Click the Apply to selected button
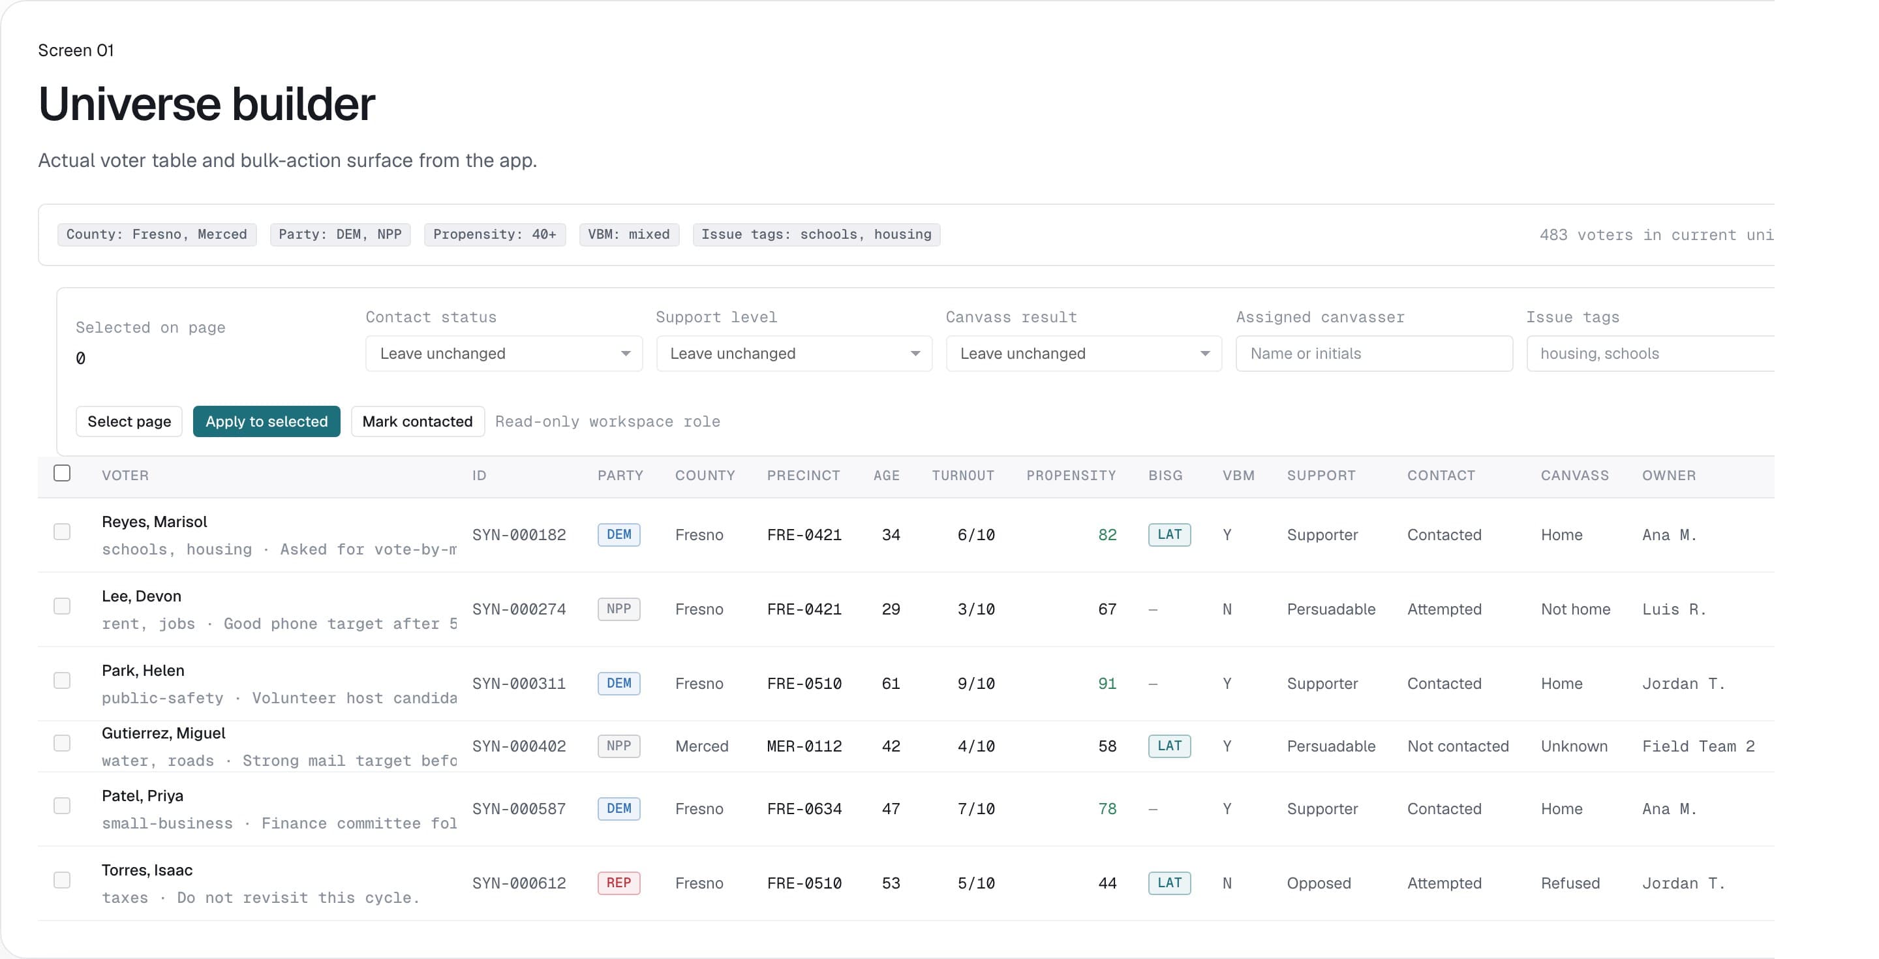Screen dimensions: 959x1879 point(266,421)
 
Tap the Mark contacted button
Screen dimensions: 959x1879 point(418,421)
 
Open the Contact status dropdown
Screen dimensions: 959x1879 point(503,354)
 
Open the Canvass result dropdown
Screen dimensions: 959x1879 point(1083,354)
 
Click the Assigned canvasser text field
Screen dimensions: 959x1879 point(1373,354)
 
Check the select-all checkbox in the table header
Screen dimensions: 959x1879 point(62,473)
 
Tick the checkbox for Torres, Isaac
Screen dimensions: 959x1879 point(62,880)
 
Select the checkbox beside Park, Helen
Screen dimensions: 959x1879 point(62,680)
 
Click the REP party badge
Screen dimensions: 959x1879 point(619,883)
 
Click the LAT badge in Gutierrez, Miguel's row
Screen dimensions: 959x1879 point(1169,746)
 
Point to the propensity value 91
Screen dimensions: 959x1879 point(1107,683)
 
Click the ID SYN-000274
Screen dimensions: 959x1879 point(519,609)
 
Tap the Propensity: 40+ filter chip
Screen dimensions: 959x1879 point(495,234)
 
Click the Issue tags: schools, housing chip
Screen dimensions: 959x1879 point(816,234)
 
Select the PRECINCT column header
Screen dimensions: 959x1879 point(803,476)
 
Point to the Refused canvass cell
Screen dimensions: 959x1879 point(1570,883)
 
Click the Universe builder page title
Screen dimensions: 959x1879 point(206,104)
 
